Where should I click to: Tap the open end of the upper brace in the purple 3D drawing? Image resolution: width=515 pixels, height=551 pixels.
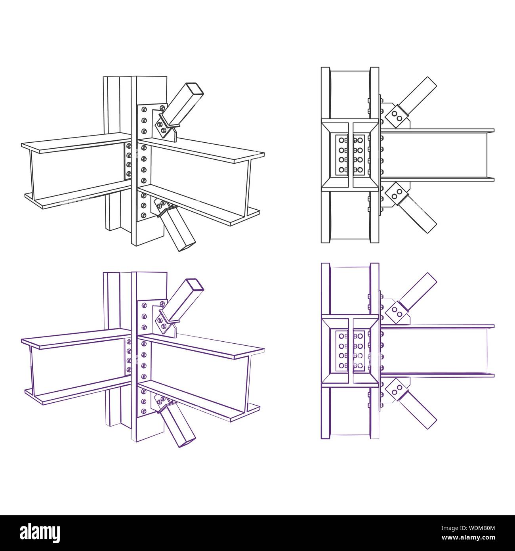click(195, 284)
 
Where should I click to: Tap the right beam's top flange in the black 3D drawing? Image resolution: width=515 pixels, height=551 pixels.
click(202, 151)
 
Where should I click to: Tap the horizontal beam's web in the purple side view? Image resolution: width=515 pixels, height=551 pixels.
click(436, 350)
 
